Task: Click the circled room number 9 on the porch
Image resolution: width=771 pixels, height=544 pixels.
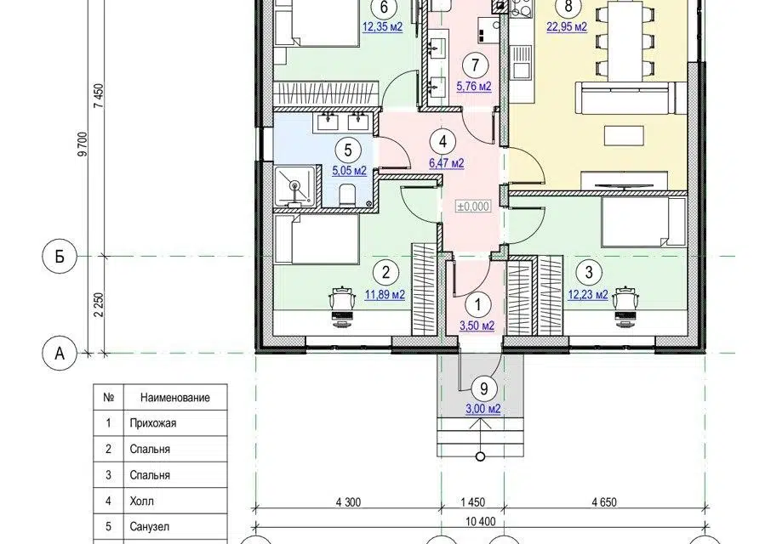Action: (x=483, y=388)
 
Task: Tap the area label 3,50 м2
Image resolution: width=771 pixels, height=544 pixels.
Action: (x=477, y=325)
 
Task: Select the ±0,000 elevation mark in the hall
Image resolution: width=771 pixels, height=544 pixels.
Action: (x=473, y=207)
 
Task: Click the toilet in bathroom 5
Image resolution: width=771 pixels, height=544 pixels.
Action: (x=348, y=195)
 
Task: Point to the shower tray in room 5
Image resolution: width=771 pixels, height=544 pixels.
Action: (x=294, y=185)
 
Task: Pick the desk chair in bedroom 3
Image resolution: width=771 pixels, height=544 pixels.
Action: (x=625, y=305)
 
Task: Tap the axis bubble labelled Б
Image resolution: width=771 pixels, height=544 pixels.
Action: (x=60, y=256)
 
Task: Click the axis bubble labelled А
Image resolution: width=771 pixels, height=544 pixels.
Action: (x=60, y=353)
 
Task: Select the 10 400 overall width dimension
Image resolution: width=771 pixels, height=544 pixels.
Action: (x=481, y=521)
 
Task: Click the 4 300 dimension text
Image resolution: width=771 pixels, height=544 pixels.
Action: (x=348, y=501)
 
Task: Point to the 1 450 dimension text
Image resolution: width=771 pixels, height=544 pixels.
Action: (x=473, y=501)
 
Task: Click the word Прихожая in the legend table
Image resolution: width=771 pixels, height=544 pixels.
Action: (x=153, y=423)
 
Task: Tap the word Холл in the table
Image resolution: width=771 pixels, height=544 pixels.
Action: (x=141, y=501)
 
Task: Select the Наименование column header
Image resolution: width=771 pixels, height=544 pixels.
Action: (x=175, y=397)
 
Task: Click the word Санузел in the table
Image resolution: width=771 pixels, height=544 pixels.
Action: (x=150, y=527)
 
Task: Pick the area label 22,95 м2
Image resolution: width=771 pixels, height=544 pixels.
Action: (x=567, y=26)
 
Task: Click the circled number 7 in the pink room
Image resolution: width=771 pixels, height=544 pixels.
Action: (x=475, y=65)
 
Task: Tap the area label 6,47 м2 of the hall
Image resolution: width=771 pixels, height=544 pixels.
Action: (x=447, y=163)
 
